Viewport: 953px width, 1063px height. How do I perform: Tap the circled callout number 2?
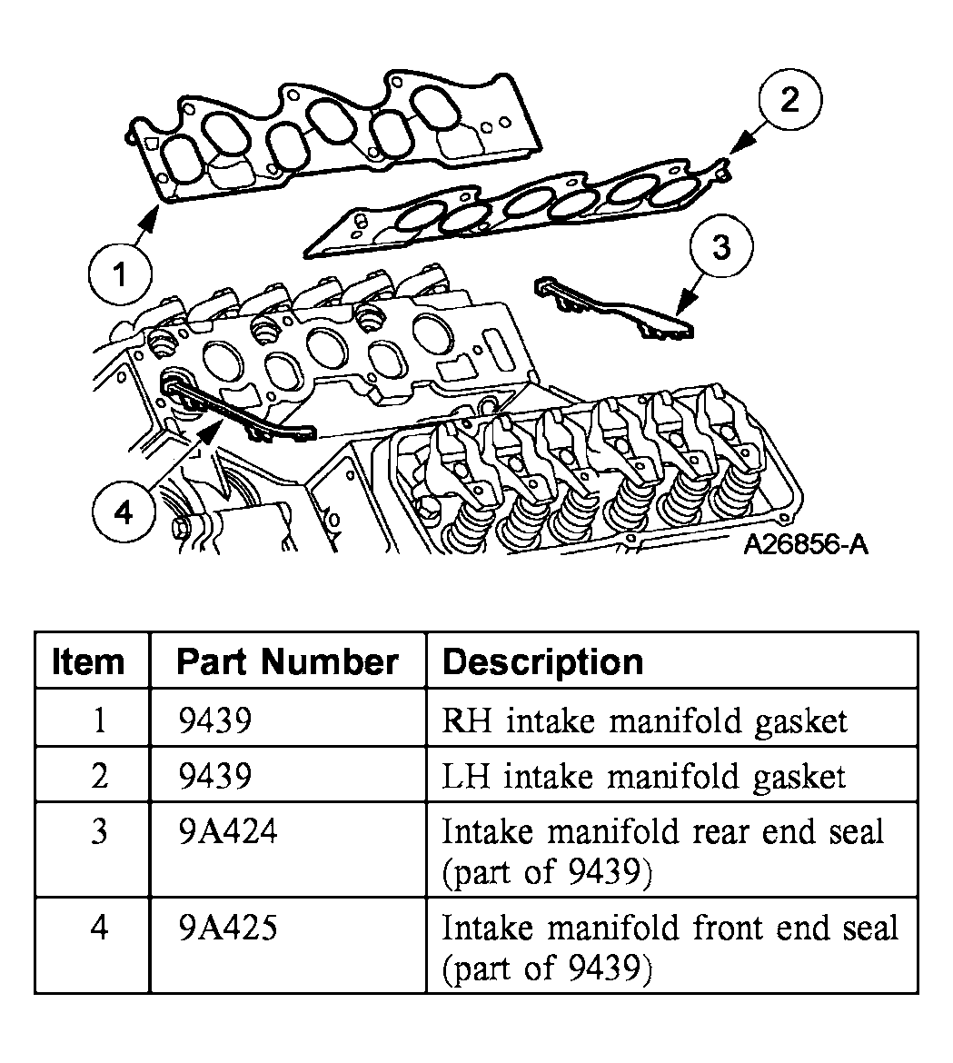point(790,100)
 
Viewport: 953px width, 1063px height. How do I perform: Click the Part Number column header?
point(287,661)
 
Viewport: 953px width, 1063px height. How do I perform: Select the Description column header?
point(542,661)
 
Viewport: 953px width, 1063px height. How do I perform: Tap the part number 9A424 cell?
point(228,832)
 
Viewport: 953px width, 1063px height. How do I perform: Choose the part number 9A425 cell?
point(228,929)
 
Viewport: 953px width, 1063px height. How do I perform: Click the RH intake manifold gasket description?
point(644,720)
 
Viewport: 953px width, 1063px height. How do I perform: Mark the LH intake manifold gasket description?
point(643,777)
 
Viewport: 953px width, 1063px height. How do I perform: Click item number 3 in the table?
point(99,832)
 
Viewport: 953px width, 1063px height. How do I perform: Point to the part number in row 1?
point(213,720)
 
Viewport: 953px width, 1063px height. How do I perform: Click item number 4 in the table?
point(99,929)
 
